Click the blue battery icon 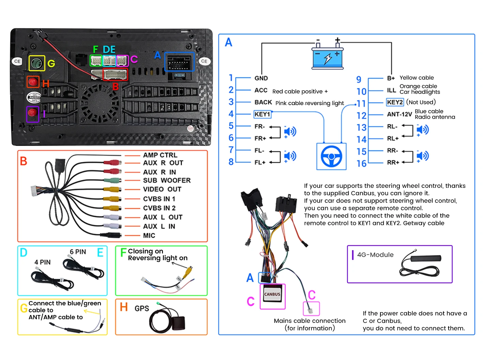point(328,58)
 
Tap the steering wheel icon point(331,156)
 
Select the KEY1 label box point(262,114)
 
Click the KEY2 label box point(395,102)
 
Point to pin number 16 point(361,164)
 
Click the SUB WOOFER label point(167,180)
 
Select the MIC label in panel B point(149,236)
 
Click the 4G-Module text point(375,255)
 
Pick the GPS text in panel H point(142,309)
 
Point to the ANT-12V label point(399,115)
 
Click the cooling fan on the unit point(100,103)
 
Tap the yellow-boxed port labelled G point(36,63)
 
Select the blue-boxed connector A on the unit point(179,62)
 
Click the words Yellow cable point(417,78)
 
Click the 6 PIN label point(78,252)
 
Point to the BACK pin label point(263,102)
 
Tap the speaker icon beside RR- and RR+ point(422,156)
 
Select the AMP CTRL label point(160,155)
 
